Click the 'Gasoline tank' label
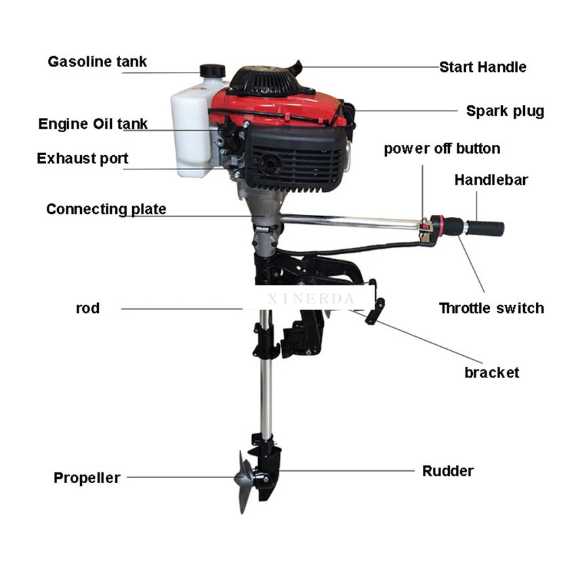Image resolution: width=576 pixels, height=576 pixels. point(97,62)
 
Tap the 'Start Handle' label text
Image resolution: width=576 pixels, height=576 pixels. point(482,67)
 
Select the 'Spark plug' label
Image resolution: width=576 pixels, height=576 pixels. point(505,111)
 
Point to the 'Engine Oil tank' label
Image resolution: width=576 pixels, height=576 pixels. point(93,124)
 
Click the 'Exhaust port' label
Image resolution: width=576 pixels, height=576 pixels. point(82,159)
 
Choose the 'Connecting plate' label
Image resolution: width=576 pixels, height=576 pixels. point(106,209)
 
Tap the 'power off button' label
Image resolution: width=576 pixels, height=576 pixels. point(442,149)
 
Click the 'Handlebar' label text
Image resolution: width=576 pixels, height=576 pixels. point(491,180)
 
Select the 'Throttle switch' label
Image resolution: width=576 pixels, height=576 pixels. point(491,308)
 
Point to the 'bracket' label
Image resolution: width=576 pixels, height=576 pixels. point(491,373)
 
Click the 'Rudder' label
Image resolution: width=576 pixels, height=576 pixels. point(447,471)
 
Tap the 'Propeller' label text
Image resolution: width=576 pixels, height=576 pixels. point(87,478)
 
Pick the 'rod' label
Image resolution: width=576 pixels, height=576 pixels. point(87,309)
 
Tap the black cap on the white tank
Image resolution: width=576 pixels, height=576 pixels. point(212,71)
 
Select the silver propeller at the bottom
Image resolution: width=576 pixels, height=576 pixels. point(244,482)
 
